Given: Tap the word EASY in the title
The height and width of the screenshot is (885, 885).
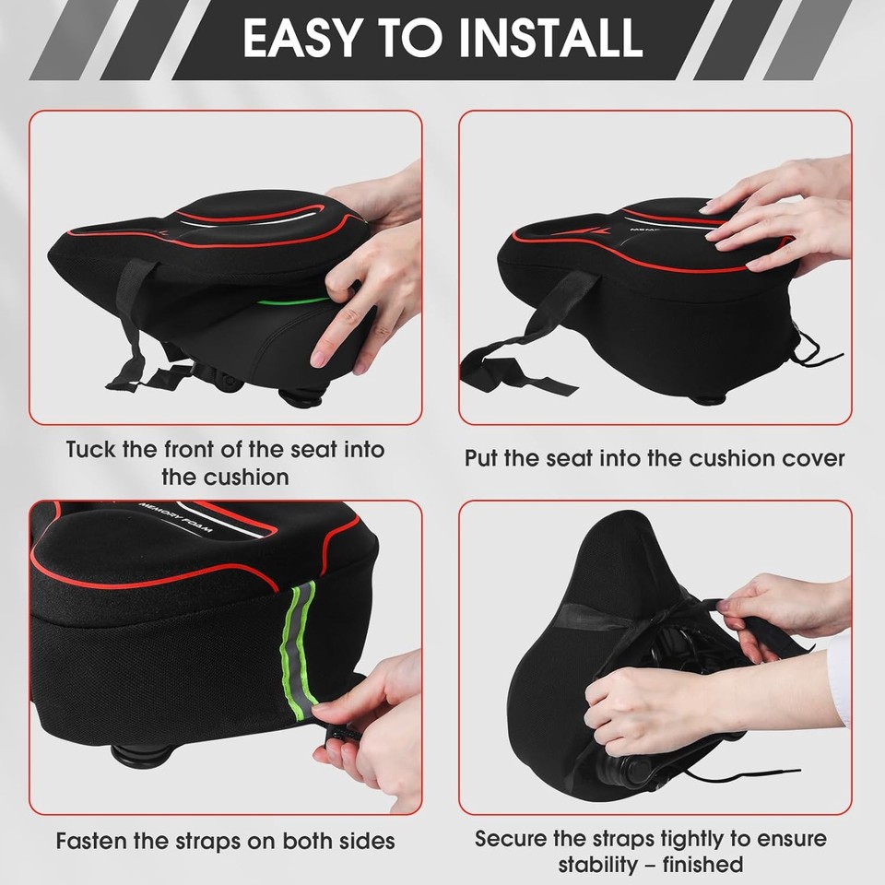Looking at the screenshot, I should pos(301,39).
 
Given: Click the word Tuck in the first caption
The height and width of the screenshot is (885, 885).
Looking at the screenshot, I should pos(91,451).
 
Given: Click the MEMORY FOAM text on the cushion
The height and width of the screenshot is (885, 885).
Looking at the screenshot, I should pos(175,522).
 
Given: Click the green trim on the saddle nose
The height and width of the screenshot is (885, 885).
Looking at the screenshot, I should pos(293,301).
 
